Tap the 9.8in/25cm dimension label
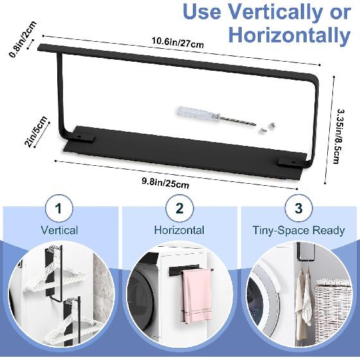click(x=166, y=182)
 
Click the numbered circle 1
click(x=60, y=208)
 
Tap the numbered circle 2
click(x=179, y=208)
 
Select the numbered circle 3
click(x=298, y=208)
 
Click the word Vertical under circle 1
click(x=60, y=230)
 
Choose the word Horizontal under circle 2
click(x=179, y=230)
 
